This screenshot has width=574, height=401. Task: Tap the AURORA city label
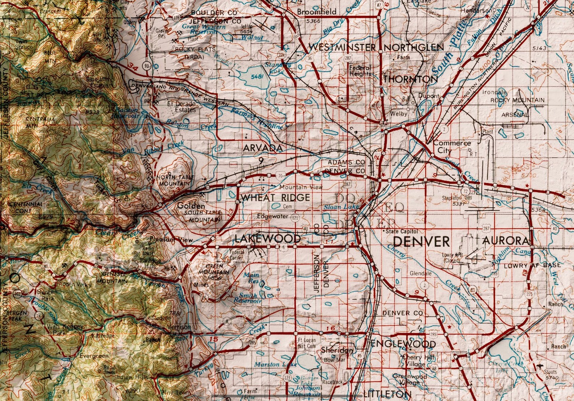coord(505,241)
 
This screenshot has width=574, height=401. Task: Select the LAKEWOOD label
coord(267,239)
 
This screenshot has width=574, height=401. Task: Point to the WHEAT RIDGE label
coord(275,197)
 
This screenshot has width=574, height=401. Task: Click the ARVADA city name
coord(263,148)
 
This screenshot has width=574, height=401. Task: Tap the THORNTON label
coord(410,79)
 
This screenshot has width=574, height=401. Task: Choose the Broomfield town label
coord(317,12)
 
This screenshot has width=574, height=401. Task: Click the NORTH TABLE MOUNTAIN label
coord(175,180)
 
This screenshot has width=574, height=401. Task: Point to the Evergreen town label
coord(94,356)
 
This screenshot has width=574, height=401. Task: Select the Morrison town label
coord(179,327)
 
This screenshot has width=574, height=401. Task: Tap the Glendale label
coord(420,274)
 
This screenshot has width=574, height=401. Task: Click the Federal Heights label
coord(360,71)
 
